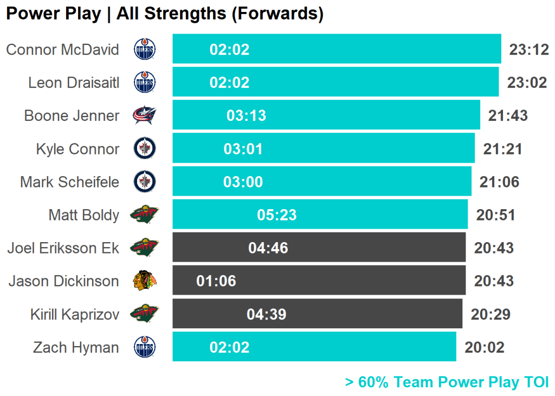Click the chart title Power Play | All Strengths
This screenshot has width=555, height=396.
tap(164, 14)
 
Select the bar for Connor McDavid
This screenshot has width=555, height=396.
tap(337, 49)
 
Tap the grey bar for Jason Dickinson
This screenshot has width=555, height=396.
tap(319, 281)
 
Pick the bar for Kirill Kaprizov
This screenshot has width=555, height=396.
tap(317, 314)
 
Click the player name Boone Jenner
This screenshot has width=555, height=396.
tap(72, 115)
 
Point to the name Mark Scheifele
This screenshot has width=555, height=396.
tap(69, 181)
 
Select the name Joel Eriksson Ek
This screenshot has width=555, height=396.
tap(63, 248)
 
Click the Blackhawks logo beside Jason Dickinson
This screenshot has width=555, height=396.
tap(144, 281)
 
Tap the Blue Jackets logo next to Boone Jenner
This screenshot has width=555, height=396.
tap(144, 115)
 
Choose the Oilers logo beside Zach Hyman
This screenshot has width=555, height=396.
tap(144, 347)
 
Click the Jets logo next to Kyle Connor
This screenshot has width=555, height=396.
tap(144, 148)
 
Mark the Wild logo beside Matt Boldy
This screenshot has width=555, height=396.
tap(144, 215)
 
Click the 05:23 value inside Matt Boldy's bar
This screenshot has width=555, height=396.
tap(276, 215)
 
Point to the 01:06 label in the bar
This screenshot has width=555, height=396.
tap(216, 281)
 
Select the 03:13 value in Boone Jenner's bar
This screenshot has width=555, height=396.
tap(246, 116)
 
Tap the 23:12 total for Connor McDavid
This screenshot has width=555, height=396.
tap(529, 50)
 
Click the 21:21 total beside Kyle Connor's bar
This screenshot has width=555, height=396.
tap(502, 149)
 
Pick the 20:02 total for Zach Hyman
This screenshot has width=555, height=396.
tap(484, 347)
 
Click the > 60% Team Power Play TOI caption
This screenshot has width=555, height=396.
tap(447, 382)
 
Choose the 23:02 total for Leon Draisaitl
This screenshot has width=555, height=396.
tap(527, 83)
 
